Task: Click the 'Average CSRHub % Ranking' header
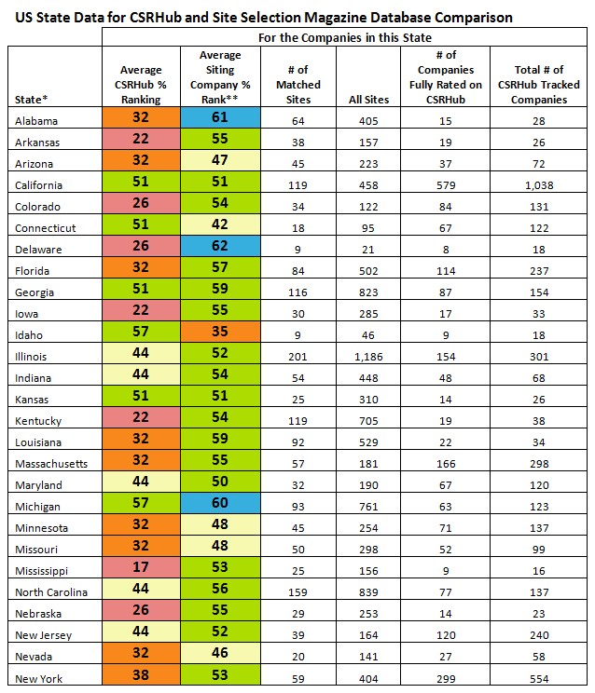click(142, 84)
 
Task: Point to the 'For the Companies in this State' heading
click(346, 37)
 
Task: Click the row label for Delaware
click(39, 249)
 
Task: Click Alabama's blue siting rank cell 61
click(220, 119)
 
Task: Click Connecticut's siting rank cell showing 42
click(220, 227)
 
